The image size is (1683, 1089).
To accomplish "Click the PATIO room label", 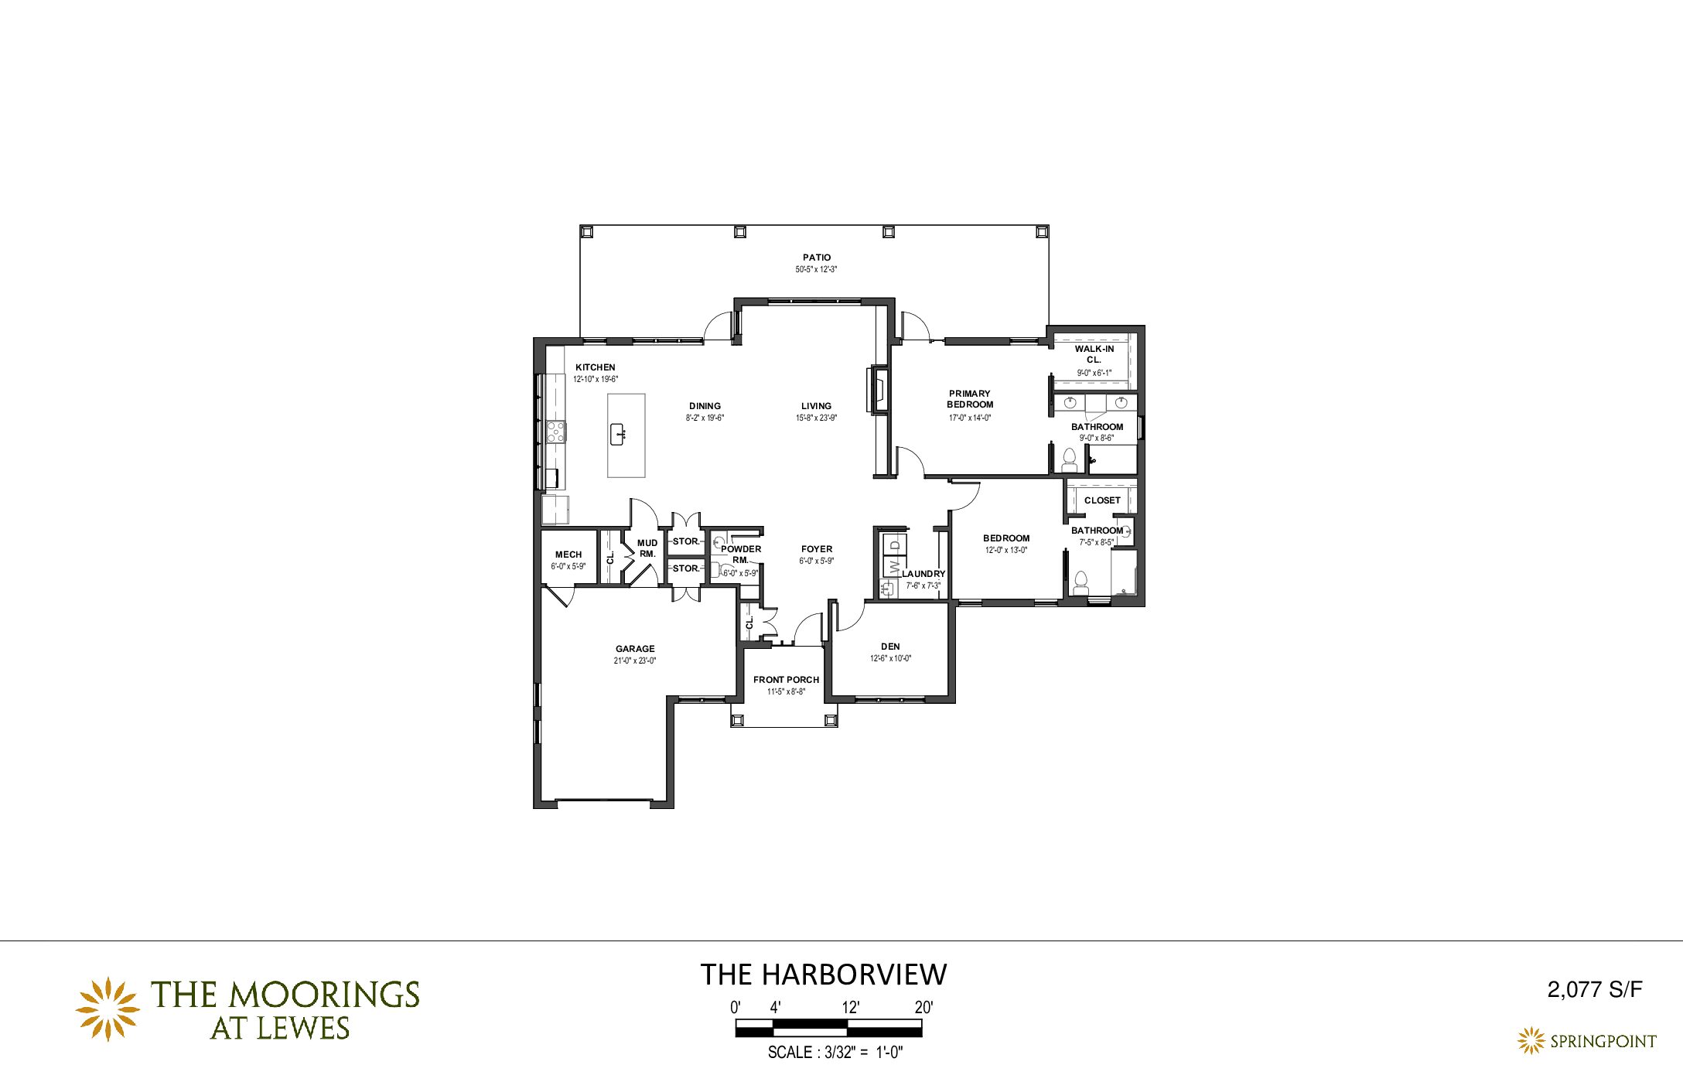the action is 817,258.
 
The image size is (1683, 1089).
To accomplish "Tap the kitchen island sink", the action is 618,435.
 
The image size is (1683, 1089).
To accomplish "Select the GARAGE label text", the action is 635,649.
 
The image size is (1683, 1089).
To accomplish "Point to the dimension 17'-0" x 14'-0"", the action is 970,418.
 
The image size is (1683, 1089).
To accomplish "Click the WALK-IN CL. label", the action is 1094,354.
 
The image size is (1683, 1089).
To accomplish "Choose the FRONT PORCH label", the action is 786,680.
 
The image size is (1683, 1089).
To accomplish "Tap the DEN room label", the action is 890,647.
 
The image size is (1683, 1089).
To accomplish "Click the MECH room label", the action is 568,555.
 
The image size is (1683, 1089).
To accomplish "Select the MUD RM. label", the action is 647,548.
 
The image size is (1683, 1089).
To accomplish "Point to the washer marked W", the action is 894,568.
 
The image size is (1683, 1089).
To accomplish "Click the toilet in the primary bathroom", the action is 1070,460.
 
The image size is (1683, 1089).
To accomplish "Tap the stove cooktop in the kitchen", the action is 555,432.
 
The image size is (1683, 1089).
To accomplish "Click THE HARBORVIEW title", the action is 823,975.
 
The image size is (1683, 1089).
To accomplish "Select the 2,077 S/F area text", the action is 1595,989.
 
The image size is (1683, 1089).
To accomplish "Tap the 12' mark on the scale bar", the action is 851,1007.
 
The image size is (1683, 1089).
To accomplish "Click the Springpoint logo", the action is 1586,1041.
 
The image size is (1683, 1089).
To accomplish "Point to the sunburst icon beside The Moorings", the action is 108,1009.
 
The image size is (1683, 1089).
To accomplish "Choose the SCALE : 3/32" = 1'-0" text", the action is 835,1053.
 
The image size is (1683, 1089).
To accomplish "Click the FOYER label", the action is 817,549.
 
